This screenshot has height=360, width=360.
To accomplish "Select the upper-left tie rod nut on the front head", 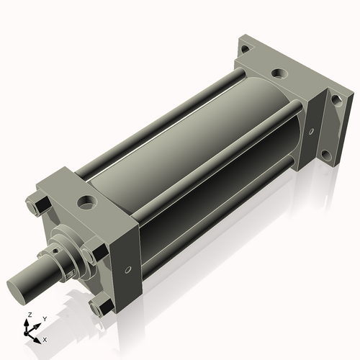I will (x=37, y=208).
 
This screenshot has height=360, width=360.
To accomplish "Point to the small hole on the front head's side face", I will (x=127, y=270).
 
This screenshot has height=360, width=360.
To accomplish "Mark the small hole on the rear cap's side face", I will (x=311, y=131).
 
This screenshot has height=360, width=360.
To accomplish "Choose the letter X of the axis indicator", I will (x=45, y=338).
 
